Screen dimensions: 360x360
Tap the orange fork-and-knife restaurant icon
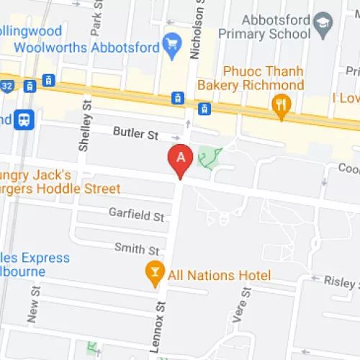[x=281, y=108]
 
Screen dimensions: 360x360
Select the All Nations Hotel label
[x=219, y=275]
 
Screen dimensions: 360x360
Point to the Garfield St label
[x=137, y=214]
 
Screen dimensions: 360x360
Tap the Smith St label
[x=137, y=249]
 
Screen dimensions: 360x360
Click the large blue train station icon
[x=25, y=119]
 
